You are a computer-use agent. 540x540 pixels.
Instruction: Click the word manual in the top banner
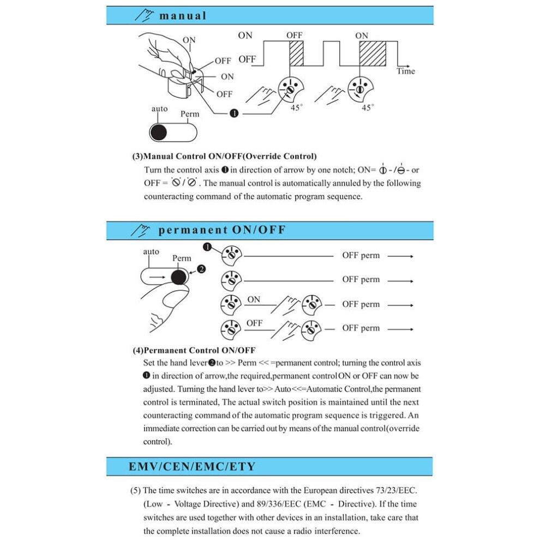click(x=183, y=16)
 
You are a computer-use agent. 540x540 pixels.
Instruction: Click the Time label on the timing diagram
click(x=406, y=71)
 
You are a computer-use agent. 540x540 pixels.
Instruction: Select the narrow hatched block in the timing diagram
click(x=297, y=53)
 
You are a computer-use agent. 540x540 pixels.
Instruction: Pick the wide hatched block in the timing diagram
click(x=373, y=53)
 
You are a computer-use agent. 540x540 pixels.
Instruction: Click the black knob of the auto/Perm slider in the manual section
click(x=159, y=133)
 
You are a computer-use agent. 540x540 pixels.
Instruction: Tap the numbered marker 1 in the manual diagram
click(x=234, y=113)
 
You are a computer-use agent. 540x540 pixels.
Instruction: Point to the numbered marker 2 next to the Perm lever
click(x=201, y=269)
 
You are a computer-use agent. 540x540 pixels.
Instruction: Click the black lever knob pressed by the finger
click(x=179, y=277)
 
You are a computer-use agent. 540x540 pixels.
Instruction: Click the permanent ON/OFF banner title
click(x=222, y=230)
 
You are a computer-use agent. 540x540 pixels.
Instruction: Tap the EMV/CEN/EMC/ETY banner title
click(x=192, y=466)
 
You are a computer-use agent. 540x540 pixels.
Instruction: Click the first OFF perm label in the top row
click(x=361, y=255)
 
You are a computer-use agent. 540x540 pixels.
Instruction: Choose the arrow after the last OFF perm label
click(x=400, y=329)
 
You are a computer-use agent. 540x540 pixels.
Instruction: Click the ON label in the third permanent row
click(x=254, y=299)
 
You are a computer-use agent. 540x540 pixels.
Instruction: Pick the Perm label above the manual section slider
click(x=190, y=114)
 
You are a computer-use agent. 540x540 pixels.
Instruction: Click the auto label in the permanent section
click(x=151, y=252)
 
